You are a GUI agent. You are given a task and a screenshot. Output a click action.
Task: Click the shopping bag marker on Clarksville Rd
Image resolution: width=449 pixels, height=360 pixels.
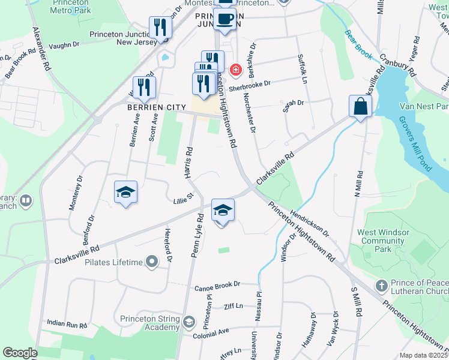tap(360, 106)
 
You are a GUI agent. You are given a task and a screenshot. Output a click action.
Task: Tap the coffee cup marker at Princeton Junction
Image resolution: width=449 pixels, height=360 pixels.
tap(225, 19)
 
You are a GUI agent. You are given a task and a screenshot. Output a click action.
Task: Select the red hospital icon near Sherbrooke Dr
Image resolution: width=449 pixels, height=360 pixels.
tap(235, 70)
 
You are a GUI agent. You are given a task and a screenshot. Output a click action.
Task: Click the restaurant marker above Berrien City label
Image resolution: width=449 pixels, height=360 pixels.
tap(144, 87)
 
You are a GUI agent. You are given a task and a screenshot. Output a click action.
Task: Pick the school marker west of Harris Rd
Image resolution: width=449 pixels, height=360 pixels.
tap(126, 192)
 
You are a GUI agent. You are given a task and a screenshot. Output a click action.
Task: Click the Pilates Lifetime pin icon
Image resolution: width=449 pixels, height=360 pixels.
tap(152, 262)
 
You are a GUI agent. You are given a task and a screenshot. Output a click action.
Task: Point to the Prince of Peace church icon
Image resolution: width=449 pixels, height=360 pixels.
tap(381, 284)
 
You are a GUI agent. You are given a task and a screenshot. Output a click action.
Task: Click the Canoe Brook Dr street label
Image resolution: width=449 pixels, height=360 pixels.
tap(217, 283)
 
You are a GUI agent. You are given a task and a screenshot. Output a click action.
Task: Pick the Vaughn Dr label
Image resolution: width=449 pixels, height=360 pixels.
tap(64, 44)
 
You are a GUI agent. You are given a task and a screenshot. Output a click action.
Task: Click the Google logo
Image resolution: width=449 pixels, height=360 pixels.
tap(20, 353)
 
